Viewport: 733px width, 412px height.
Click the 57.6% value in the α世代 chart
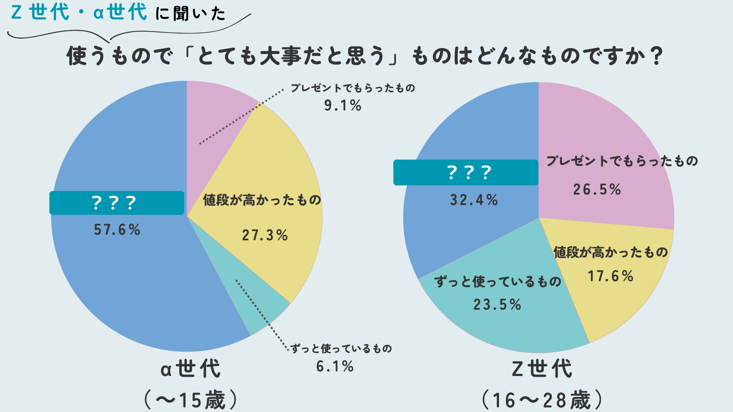pos(117,230)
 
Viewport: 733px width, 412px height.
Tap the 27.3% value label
pos(265,235)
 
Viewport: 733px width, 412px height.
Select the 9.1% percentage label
pos(343,105)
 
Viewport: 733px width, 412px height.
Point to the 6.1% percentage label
pos(335,366)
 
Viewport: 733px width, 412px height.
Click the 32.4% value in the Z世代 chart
pos(474,200)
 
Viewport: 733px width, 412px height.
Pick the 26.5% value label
pos(597,189)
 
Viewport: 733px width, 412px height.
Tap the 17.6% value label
pos(611,276)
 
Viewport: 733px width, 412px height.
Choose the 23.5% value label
pos(497,304)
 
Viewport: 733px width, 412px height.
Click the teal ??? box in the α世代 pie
pos(117,203)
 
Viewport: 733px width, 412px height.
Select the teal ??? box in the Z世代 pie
pos(466,172)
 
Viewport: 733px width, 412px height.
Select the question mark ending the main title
pos(656,56)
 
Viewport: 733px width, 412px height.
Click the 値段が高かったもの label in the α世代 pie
pos(262,200)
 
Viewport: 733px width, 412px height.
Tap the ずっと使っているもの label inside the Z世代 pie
pos(498,282)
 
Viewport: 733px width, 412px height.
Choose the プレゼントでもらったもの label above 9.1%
pos(353,88)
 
